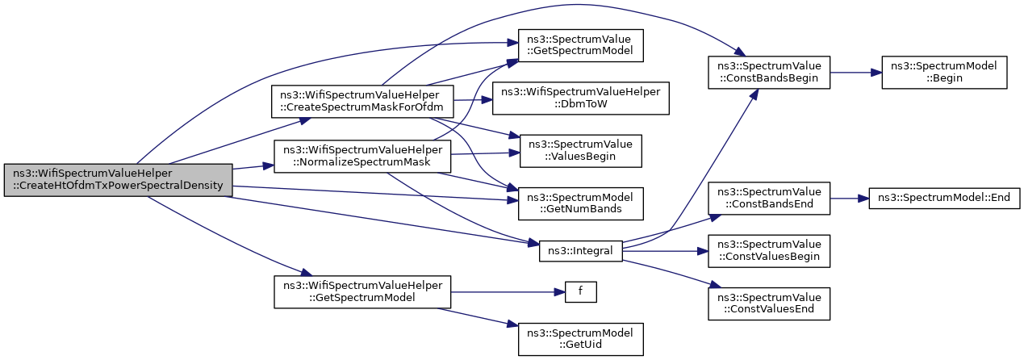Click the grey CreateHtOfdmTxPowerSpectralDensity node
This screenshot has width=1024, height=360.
click(118, 180)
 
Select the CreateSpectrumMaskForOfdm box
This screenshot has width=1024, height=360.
click(362, 102)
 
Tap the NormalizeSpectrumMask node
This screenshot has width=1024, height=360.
click(362, 157)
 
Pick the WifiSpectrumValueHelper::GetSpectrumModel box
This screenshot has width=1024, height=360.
click(362, 292)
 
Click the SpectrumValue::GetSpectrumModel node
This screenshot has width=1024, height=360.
click(580, 46)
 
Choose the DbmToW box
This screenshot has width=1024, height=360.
click(580, 98)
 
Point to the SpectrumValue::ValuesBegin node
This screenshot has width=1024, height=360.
click(580, 151)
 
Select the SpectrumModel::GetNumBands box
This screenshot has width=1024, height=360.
click(580, 203)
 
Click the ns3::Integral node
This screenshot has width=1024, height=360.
click(580, 251)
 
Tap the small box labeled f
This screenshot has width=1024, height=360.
click(580, 292)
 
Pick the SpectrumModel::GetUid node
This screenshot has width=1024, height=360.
click(580, 339)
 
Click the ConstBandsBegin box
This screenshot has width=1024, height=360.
click(769, 73)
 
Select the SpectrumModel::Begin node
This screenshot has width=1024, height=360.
click(944, 73)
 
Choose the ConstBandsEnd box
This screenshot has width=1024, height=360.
click(769, 198)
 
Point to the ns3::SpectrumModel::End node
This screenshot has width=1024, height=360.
click(944, 198)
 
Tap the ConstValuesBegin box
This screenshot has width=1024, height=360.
click(769, 251)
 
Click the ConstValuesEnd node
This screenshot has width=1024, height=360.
click(769, 303)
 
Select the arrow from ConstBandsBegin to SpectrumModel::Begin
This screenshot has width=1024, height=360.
click(856, 73)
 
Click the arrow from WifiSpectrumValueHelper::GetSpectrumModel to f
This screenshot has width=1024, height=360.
click(508, 292)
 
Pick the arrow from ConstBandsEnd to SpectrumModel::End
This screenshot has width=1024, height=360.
click(850, 199)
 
